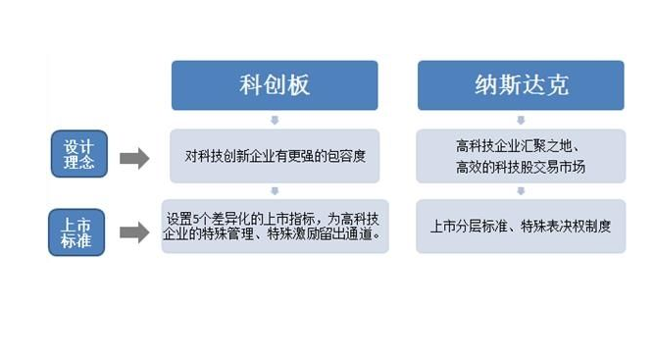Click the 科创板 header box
pyautogui.click(x=275, y=85)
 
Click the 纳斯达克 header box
pyautogui.click(x=521, y=85)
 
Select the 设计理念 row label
pyautogui.click(x=79, y=154)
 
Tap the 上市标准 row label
pyautogui.click(x=78, y=231)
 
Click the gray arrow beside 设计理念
pyautogui.click(x=133, y=157)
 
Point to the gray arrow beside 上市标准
pyautogui.click(x=133, y=232)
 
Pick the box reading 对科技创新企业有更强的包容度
pyautogui.click(x=275, y=156)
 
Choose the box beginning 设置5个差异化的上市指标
pyautogui.click(x=275, y=227)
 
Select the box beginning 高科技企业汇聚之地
pyautogui.click(x=521, y=156)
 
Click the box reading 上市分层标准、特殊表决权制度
pyautogui.click(x=521, y=227)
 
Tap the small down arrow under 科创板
pyautogui.click(x=275, y=120)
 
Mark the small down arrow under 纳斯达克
pyautogui.click(x=521, y=120)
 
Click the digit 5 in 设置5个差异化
pyautogui.click(x=198, y=219)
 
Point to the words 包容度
pyautogui.click(x=346, y=156)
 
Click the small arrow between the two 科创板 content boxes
pyautogui.click(x=275, y=191)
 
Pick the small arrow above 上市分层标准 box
pyautogui.click(x=521, y=191)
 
